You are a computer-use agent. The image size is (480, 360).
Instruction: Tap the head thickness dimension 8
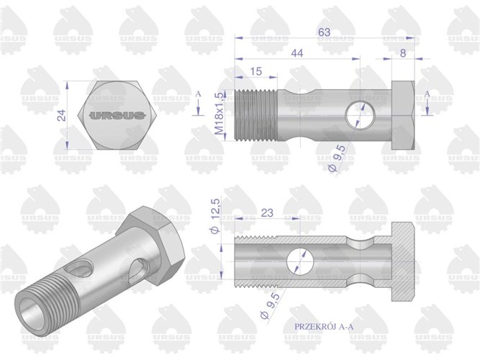pyautogui.click(x=404, y=53)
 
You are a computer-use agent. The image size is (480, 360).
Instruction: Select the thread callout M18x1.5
pyautogui.click(x=219, y=113)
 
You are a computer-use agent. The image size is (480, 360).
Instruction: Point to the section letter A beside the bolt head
pyautogui.click(x=427, y=94)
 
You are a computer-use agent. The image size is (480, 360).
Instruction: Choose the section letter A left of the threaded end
pyautogui.click(x=199, y=94)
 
